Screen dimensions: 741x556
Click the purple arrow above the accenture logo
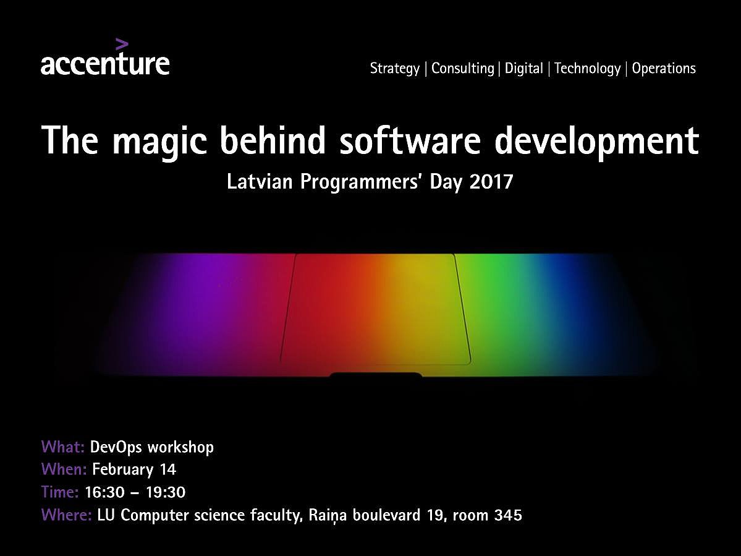point(122,45)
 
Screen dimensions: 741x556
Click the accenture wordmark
point(105,64)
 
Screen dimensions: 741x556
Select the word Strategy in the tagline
point(394,69)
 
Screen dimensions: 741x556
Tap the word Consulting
point(463,69)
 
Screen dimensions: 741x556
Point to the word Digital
point(523,69)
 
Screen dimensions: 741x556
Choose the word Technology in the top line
point(587,69)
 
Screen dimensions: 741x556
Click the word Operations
point(664,69)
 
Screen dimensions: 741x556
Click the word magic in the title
point(159,142)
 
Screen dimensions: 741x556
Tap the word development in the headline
point(596,142)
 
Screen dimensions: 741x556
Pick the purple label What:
point(63,447)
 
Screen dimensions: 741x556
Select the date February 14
point(133,469)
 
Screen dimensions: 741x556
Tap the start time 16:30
point(104,492)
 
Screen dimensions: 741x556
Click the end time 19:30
point(166,492)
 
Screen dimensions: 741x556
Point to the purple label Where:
point(67,515)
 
